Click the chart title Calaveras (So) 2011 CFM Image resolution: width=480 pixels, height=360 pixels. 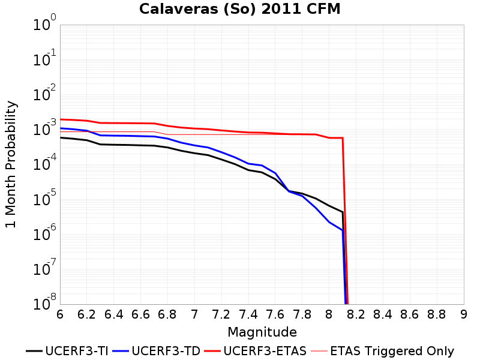239,9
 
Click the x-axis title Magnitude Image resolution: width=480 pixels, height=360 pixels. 262,332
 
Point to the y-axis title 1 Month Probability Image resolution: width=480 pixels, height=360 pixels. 11,164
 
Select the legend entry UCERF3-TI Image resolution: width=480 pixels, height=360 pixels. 67,351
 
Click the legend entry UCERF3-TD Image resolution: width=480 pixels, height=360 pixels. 157,351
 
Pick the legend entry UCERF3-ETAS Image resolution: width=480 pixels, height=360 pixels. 256,351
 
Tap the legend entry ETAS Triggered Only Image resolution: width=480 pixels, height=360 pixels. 382,351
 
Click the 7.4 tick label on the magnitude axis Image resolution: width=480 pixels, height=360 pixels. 248,314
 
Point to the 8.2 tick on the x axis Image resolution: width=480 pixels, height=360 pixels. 356,314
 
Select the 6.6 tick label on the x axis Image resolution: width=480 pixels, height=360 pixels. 140,314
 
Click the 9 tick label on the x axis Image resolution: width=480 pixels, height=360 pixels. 464,314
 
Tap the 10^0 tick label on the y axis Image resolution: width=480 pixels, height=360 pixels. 44,23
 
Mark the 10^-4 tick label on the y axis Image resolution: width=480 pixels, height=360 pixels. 44,163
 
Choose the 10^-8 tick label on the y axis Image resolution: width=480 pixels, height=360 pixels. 44,302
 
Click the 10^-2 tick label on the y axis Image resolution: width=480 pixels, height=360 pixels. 44,93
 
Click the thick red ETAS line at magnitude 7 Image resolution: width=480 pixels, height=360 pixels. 194,128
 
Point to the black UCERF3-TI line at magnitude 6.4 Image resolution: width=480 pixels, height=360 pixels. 113,145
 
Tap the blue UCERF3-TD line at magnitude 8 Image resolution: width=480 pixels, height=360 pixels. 329,222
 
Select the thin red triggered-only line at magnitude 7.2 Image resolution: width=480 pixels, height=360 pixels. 221,134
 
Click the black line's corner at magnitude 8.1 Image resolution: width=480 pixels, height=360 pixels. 343,212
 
